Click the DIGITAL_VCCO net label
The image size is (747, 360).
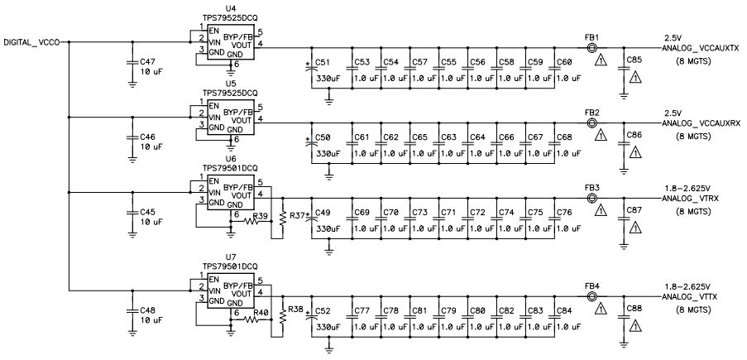(x=32, y=41)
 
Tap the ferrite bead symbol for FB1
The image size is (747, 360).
(x=591, y=48)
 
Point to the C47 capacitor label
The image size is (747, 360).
(x=147, y=62)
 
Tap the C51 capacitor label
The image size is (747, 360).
(x=323, y=62)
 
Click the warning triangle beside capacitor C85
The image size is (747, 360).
(x=635, y=77)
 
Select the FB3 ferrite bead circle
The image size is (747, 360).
(x=591, y=199)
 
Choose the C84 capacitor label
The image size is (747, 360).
(x=564, y=311)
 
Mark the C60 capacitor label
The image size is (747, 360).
(x=564, y=62)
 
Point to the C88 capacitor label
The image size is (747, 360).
(x=634, y=309)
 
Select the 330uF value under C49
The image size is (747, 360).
(x=327, y=228)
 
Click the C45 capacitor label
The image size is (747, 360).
(x=147, y=212)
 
